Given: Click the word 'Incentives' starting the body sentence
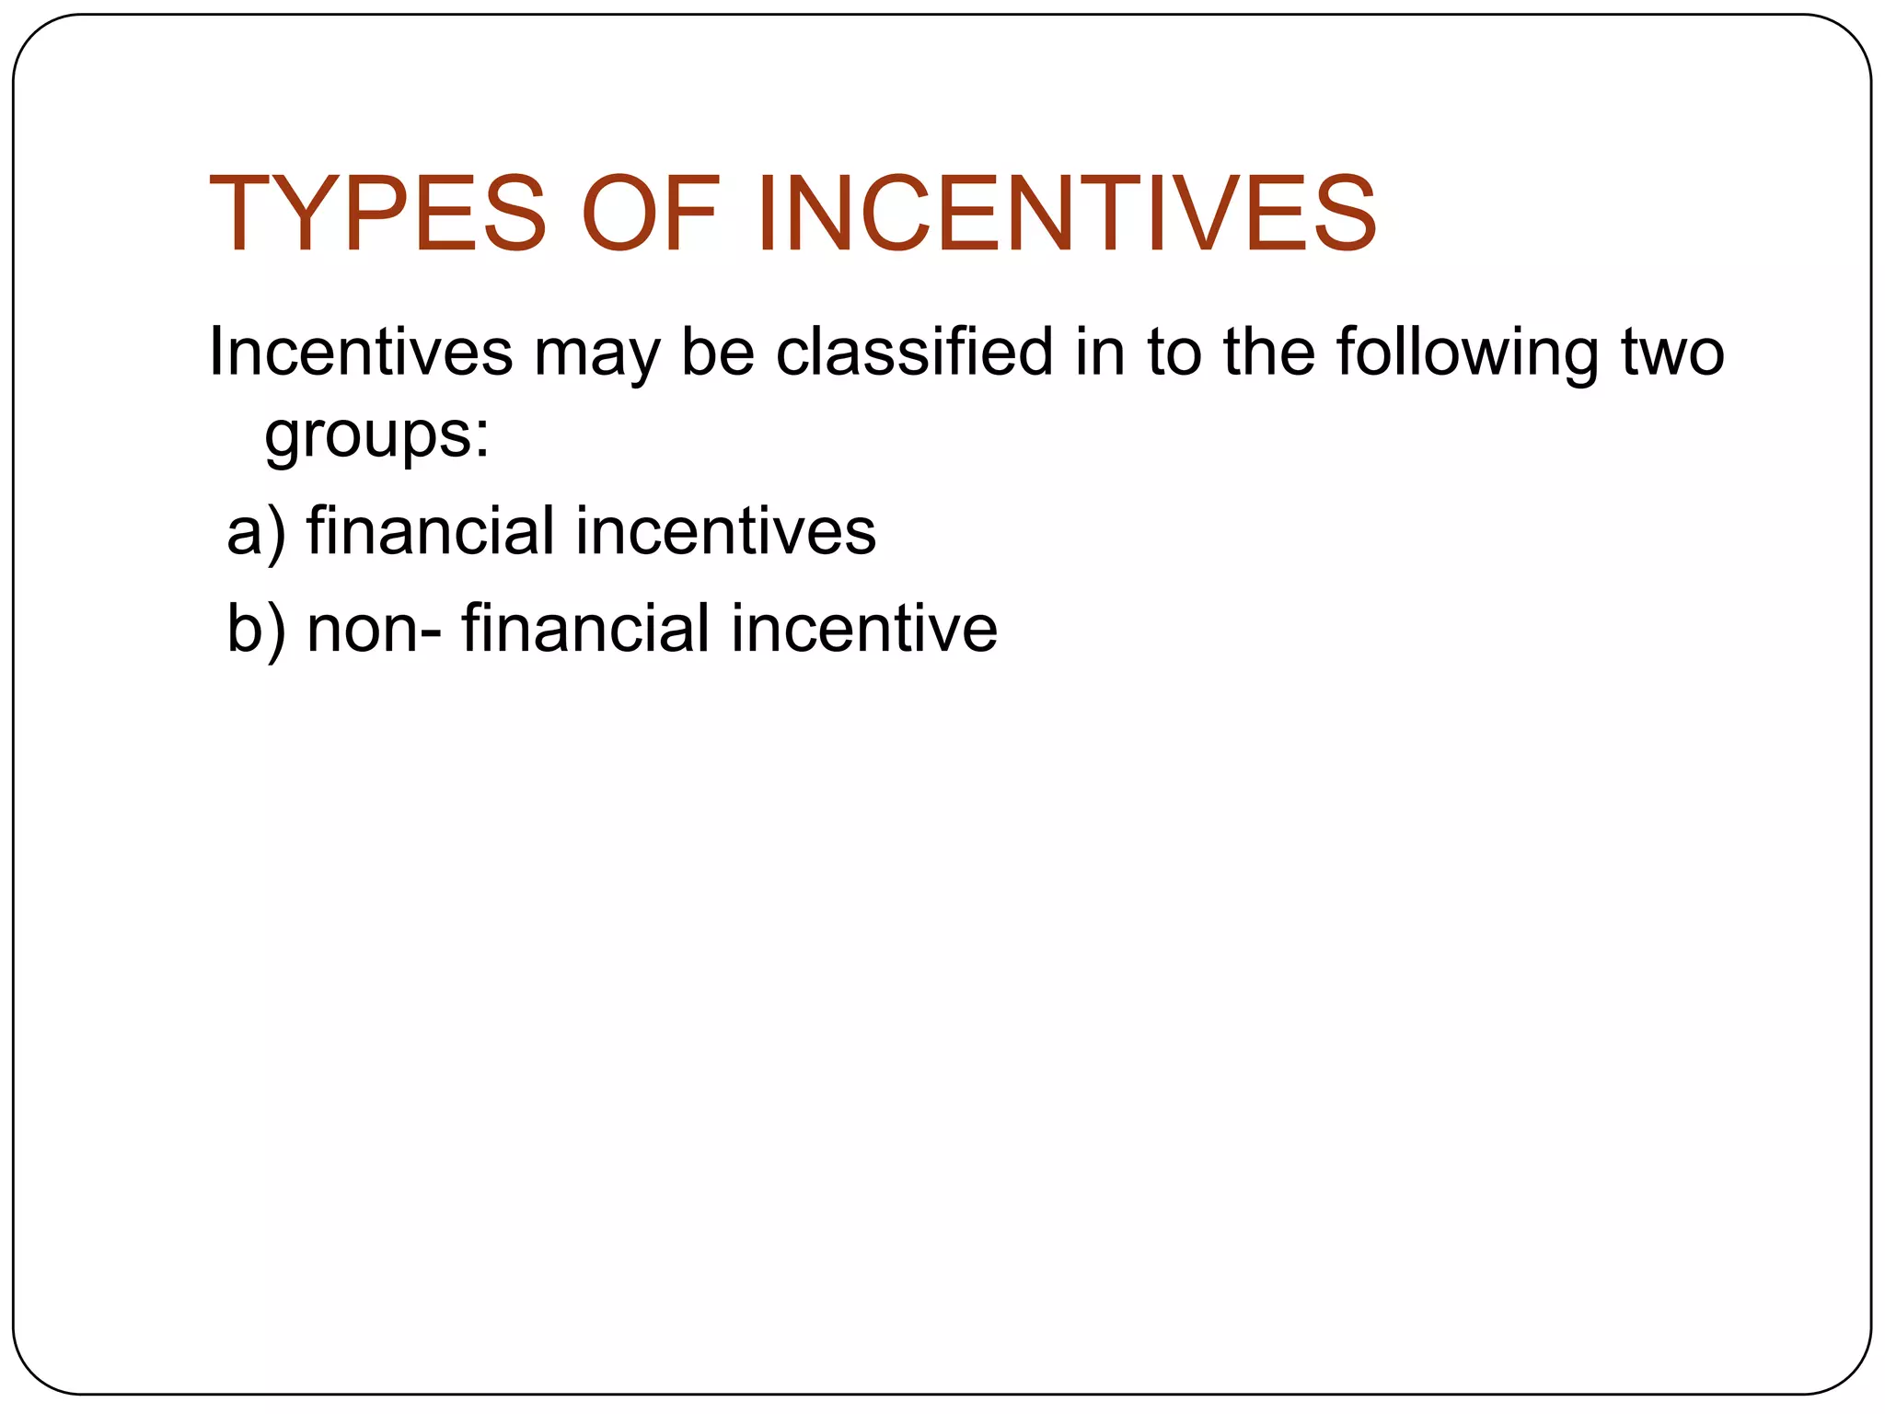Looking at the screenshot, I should click(360, 353).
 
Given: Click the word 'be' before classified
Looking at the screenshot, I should click(717, 353).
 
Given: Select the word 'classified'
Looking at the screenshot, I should click(914, 353).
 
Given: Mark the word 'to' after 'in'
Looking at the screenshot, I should click(1174, 353).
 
